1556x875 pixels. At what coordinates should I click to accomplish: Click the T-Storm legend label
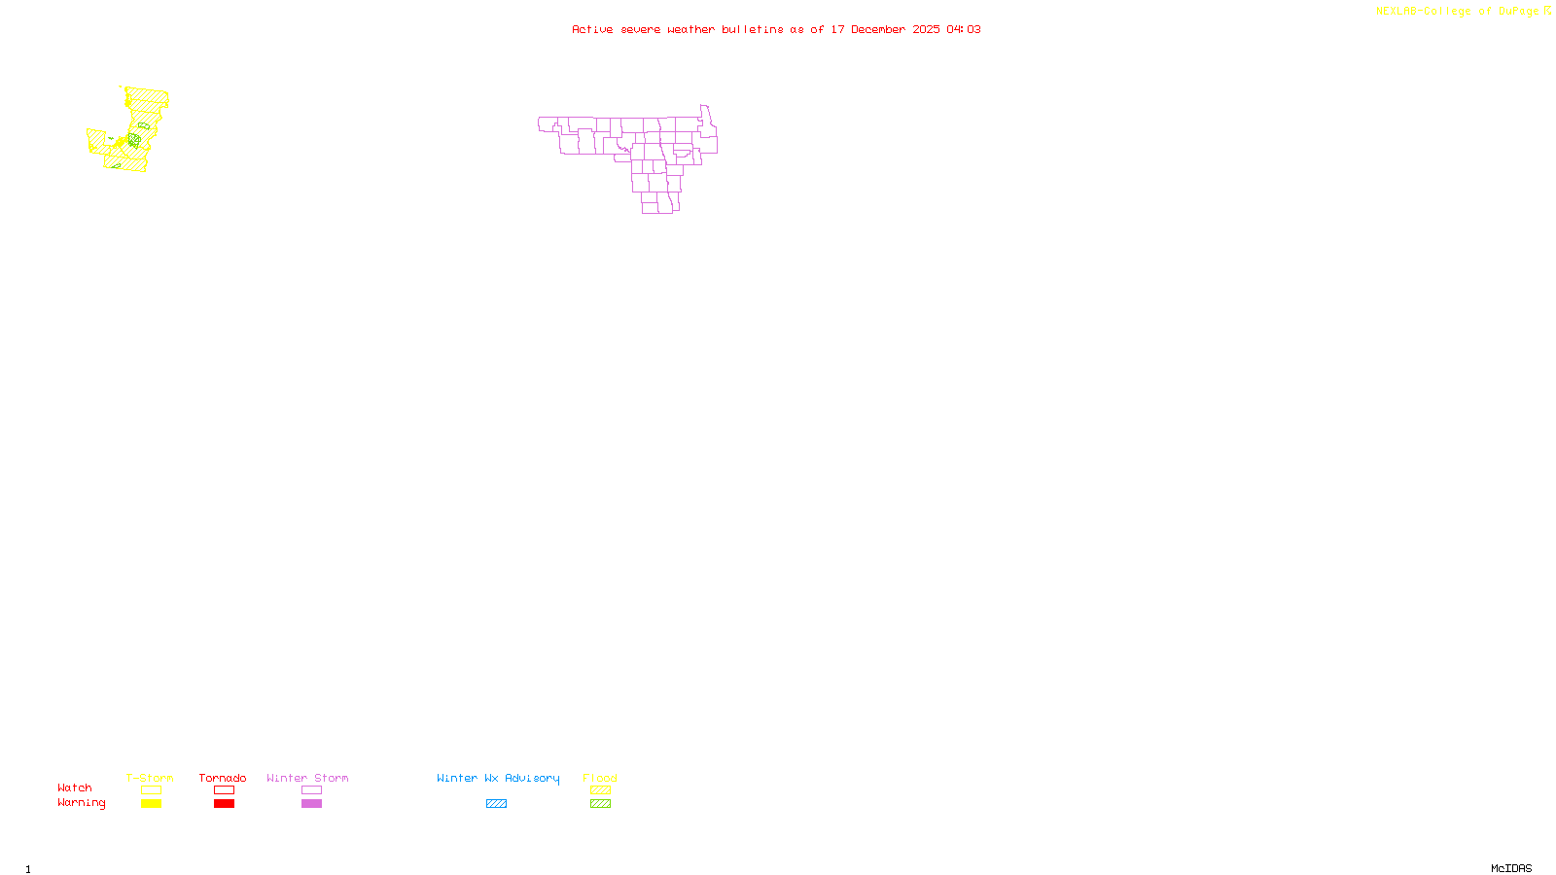point(150,778)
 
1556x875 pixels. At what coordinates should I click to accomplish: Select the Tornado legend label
point(223,778)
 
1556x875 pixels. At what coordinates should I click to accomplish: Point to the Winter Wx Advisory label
point(498,778)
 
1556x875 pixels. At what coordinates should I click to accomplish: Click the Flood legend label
point(600,778)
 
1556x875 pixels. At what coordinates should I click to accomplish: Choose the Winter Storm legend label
point(307,778)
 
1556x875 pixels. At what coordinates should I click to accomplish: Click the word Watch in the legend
point(75,787)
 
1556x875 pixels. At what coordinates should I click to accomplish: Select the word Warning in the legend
point(81,803)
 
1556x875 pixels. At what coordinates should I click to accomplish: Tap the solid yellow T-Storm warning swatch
point(151,804)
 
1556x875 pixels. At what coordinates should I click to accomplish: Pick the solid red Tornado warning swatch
point(224,804)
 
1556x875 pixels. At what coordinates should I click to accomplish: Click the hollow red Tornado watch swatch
point(224,790)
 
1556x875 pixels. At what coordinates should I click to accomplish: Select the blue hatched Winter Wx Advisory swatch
point(496,804)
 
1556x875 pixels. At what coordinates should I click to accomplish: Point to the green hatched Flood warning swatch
point(600,804)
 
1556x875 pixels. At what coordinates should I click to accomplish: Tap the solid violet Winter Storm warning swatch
point(311,804)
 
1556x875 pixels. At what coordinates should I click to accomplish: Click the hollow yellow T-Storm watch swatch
point(151,790)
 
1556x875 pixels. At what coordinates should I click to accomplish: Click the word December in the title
point(878,29)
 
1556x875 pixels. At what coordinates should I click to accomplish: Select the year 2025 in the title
point(926,29)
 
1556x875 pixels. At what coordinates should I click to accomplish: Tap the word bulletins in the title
point(753,29)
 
